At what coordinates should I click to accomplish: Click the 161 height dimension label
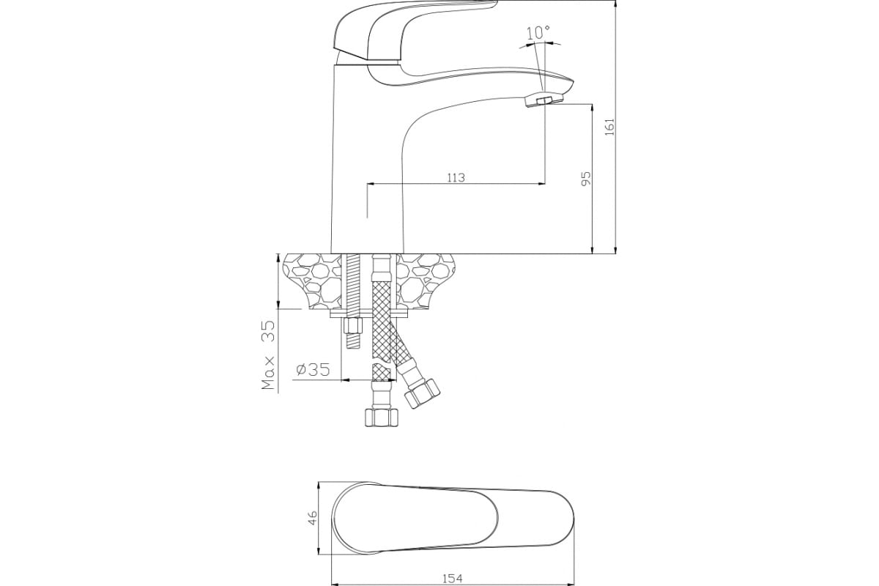tap(609, 127)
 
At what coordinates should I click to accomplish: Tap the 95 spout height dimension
tap(585, 179)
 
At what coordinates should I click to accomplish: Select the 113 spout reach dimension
tap(456, 178)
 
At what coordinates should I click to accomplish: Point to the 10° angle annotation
tap(538, 33)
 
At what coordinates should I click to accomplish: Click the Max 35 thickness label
tap(269, 355)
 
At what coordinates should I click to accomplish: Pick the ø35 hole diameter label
tap(314, 369)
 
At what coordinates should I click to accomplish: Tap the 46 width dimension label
tap(311, 518)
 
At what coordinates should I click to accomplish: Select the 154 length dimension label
tap(453, 579)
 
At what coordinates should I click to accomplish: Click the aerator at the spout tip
tap(544, 100)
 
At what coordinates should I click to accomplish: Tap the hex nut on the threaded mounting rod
tap(353, 326)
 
